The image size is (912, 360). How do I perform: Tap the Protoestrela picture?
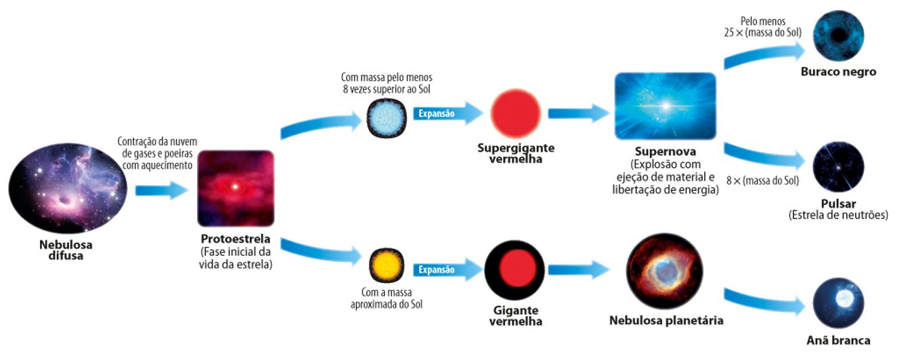[x=236, y=188]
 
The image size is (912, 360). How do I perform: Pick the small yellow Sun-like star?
[x=387, y=267]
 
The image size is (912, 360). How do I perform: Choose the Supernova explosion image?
[x=665, y=106]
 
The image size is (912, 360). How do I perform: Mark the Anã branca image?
[x=838, y=304]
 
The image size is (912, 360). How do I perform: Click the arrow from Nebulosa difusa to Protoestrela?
[x=160, y=190]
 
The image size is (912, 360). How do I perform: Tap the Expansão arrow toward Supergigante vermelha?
[x=446, y=114]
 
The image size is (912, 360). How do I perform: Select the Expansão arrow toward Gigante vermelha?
[x=446, y=270]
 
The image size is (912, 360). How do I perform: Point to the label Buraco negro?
[x=838, y=72]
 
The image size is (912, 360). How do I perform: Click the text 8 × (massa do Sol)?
[x=762, y=181]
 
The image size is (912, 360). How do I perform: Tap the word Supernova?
[x=665, y=152]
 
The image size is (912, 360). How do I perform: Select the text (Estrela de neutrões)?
[x=838, y=215]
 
